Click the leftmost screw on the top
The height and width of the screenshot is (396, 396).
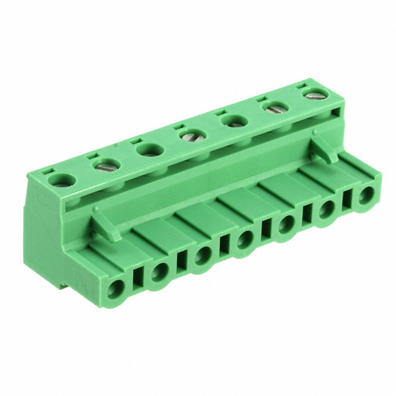(62, 181)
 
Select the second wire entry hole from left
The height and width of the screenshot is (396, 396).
(160, 270)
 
